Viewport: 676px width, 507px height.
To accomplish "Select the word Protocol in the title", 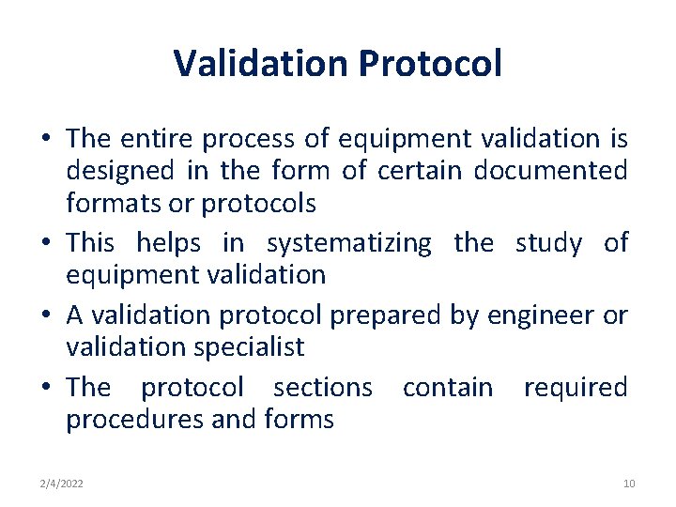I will pyautogui.click(x=431, y=64).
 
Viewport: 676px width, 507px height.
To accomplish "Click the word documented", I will pyautogui.click(x=551, y=171).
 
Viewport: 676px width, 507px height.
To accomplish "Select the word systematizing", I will pyautogui.click(x=349, y=243).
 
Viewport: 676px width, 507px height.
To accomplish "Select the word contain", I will pyautogui.click(x=447, y=387).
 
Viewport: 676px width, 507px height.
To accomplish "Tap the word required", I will pyautogui.click(x=576, y=387).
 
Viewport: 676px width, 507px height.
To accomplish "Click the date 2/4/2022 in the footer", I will pyautogui.click(x=61, y=484).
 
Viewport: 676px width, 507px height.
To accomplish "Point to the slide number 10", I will pyautogui.click(x=629, y=484).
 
